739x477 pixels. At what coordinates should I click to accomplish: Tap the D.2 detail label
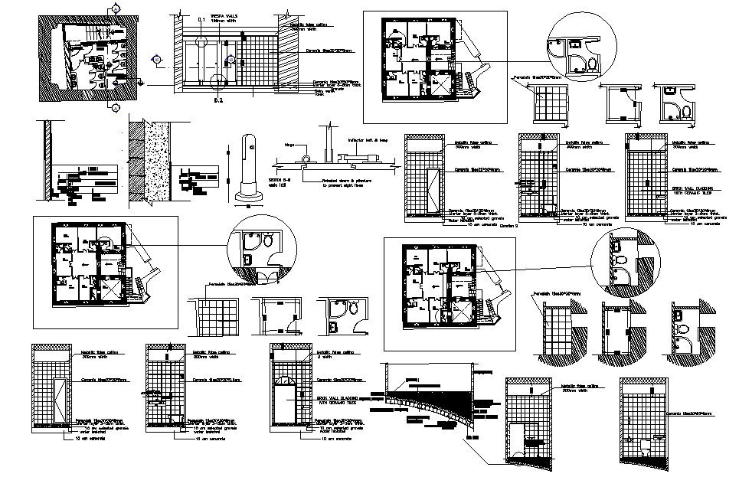[217, 100]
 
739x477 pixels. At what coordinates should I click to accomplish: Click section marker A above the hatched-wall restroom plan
[115, 8]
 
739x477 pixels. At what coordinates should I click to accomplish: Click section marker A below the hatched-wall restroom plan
[114, 109]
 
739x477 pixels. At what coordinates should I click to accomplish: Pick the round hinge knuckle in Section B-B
[306, 160]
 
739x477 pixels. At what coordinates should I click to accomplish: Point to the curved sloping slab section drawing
[430, 409]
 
